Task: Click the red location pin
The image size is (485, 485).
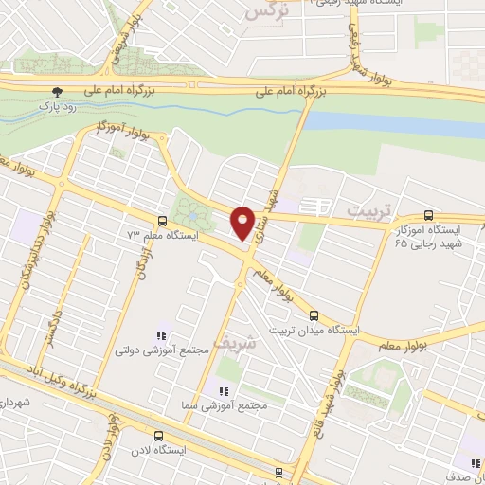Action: tap(243, 223)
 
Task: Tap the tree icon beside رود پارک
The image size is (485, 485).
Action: tap(59, 93)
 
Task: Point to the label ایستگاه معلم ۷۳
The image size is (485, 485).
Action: tap(156, 232)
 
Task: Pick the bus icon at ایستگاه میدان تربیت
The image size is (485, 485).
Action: tap(314, 316)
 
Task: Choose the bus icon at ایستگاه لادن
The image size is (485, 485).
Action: tap(156, 438)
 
